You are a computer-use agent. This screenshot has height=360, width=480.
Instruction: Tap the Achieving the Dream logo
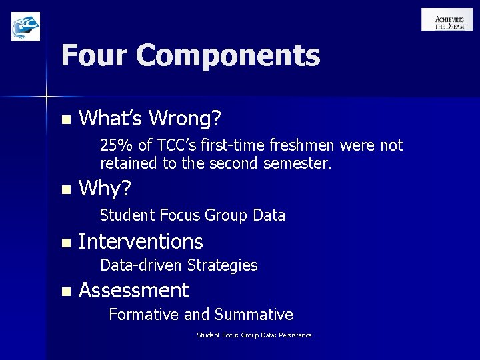coord(447,20)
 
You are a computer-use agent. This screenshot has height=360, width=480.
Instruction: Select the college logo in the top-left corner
coord(25,27)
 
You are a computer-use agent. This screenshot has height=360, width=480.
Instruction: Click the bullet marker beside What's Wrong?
coord(64,120)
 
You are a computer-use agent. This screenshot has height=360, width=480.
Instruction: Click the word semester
coord(301,162)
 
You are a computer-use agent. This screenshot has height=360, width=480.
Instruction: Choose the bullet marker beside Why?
coord(64,190)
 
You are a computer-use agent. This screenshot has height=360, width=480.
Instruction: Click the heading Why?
coord(105,189)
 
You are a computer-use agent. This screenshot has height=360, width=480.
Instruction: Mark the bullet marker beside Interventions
coord(64,243)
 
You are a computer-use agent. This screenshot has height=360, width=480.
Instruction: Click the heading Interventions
coord(141,241)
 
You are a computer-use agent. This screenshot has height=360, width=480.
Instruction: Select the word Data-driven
coord(141,265)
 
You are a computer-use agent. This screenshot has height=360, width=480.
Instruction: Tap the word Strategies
coord(222,265)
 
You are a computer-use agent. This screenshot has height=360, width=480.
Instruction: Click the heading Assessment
coord(134,291)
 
